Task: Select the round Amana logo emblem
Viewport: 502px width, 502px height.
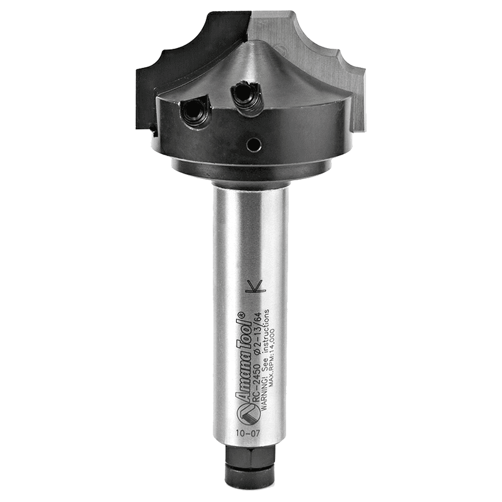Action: click(243, 413)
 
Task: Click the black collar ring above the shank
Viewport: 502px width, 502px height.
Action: click(250, 171)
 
